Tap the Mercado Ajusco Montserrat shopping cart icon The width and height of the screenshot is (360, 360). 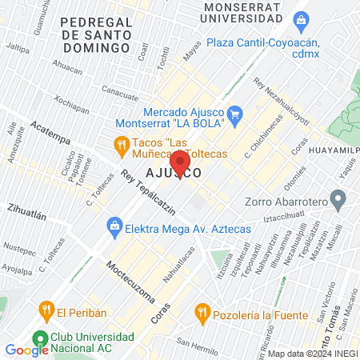pyautogui.click(x=235, y=114)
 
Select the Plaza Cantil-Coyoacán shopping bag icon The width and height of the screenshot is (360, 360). pyautogui.click(x=302, y=19)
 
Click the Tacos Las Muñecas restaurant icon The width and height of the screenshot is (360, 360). pyautogui.click(x=122, y=144)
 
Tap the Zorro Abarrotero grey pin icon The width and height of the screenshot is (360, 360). pyautogui.click(x=338, y=197)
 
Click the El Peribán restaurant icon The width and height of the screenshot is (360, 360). pyautogui.click(x=46, y=309)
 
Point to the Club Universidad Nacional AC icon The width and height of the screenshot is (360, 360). pyautogui.click(x=38, y=338)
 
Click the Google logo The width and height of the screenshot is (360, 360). pyautogui.click(x=26, y=350)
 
